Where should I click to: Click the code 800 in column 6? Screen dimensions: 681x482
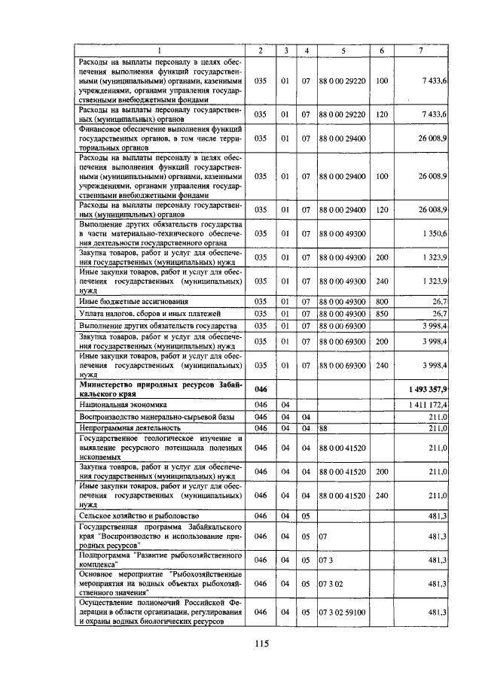(x=382, y=301)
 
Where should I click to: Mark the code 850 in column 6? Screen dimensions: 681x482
(x=382, y=313)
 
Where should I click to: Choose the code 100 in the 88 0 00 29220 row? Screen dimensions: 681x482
(x=382, y=80)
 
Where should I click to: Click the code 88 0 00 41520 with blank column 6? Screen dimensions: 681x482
(x=343, y=447)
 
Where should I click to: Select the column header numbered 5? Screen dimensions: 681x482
(x=343, y=50)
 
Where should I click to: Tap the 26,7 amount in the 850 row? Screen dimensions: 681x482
(x=438, y=313)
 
